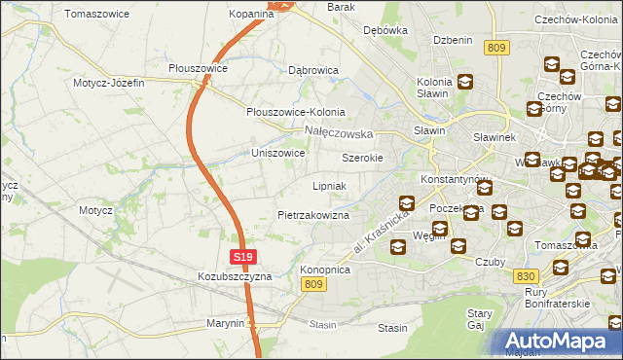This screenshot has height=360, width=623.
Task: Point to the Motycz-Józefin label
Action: tap(108, 83)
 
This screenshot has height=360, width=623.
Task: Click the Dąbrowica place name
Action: tap(313, 70)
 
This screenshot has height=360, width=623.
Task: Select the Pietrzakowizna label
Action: tap(313, 214)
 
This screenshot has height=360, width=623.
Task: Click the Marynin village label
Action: tap(225, 322)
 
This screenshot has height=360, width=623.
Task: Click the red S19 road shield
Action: tap(243, 257)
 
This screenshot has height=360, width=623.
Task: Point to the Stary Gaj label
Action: tap(479, 320)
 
